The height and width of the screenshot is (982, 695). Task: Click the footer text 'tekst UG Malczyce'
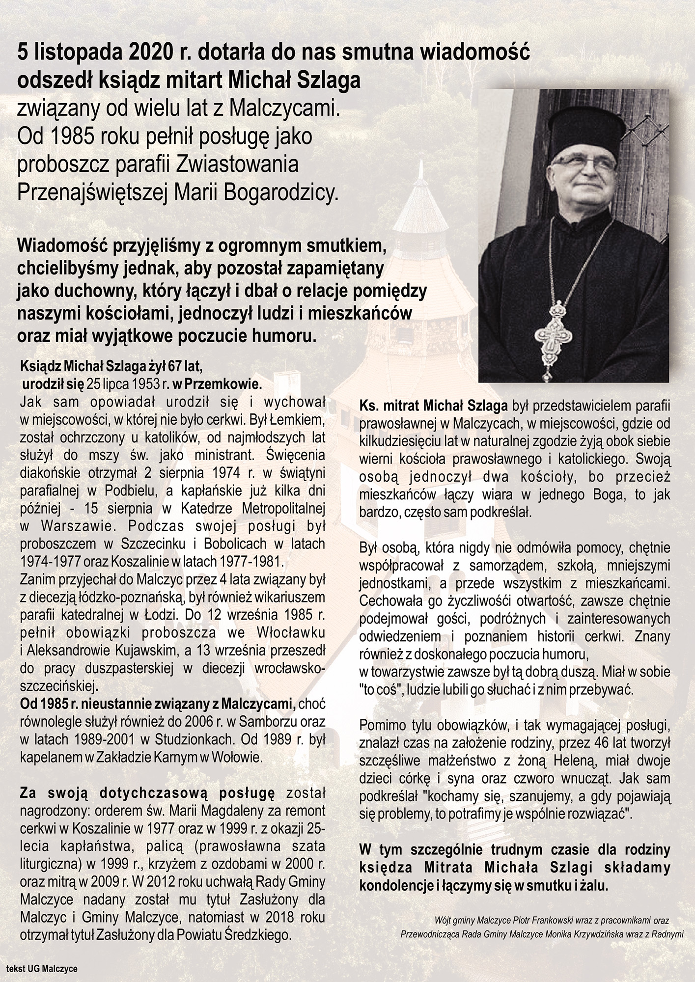[x=42, y=968]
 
